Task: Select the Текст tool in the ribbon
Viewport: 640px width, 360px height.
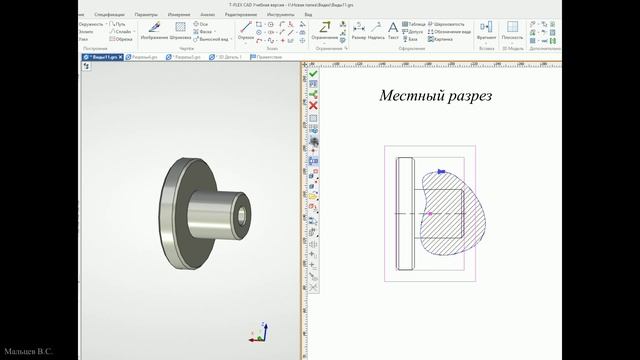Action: (x=393, y=32)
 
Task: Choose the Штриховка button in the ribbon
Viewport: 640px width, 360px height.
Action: (x=181, y=32)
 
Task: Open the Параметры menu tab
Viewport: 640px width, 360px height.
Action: (x=146, y=16)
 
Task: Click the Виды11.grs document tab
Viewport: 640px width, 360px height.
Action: (x=103, y=58)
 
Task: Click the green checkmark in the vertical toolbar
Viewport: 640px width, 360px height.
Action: (x=313, y=73)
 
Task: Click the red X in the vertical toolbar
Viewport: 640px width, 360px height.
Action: (x=313, y=105)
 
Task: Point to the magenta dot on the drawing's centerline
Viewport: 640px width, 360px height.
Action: (x=429, y=214)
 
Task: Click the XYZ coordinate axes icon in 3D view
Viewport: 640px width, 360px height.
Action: (x=256, y=332)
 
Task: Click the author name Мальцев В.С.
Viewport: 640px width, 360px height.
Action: (x=28, y=352)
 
